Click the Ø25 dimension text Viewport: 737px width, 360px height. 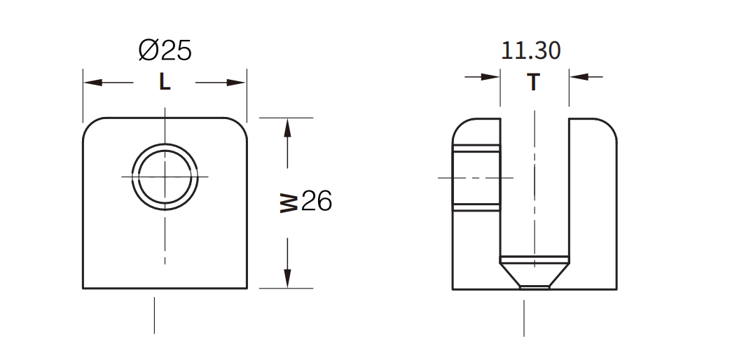[165, 50]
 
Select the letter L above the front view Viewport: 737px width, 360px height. [165, 83]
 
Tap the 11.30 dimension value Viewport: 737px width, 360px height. [530, 50]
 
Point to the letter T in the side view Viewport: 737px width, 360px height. [534, 83]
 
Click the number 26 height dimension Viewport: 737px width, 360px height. [316, 202]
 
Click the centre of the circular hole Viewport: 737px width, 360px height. [165, 176]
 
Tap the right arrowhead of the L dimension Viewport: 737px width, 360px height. [237, 83]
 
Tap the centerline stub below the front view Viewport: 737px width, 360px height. [154, 315]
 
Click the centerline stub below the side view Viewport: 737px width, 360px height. [524, 318]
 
